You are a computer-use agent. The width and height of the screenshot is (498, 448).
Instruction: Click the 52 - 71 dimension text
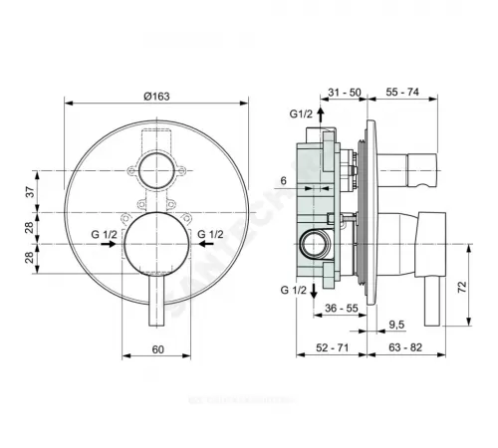coord(327,347)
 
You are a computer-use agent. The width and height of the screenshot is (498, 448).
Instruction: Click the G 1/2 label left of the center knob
coord(104,236)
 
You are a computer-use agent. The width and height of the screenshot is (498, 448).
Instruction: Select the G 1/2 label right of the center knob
coord(212,236)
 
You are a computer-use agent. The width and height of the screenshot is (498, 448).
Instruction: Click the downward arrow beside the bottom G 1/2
coord(314,289)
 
